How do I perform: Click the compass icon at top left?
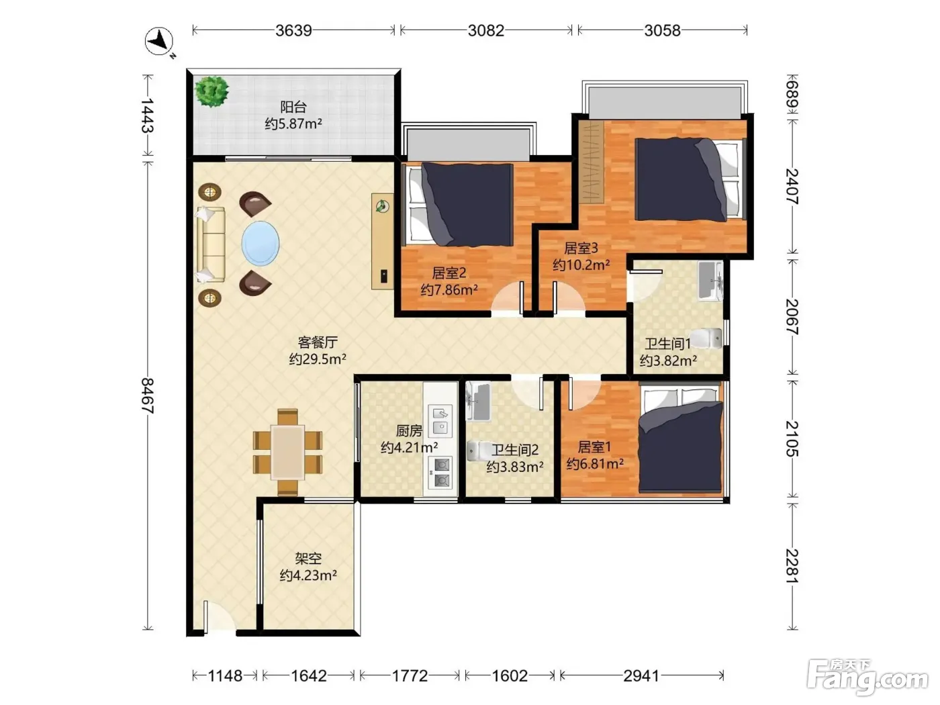tap(159, 42)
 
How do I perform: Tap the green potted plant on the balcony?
tap(211, 91)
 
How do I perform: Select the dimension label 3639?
tap(293, 30)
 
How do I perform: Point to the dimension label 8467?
tap(148, 395)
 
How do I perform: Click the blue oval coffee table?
tap(261, 243)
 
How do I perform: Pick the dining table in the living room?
tap(287, 452)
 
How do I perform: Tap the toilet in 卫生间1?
tap(706, 338)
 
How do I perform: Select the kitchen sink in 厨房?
tap(440, 421)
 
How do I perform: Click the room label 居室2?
tap(449, 273)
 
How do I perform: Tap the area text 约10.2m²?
tap(581, 265)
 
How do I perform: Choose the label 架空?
tap(308, 558)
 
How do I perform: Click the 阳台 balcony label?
tap(293, 107)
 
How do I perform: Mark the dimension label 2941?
tap(641, 676)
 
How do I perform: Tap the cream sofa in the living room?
tap(211, 244)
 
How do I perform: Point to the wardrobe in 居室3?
tap(592, 162)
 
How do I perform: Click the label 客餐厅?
tap(318, 342)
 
